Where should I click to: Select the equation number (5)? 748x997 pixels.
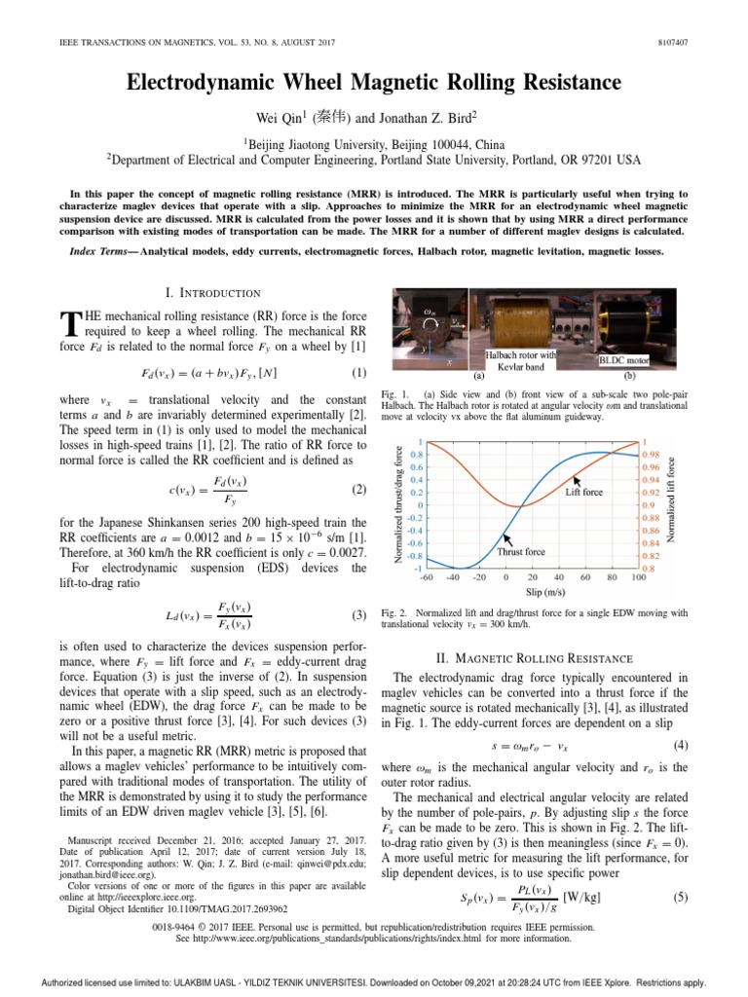680,897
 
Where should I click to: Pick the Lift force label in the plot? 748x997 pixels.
584,494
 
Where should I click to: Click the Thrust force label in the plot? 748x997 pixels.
521,551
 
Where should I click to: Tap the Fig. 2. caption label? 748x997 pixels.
393,613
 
